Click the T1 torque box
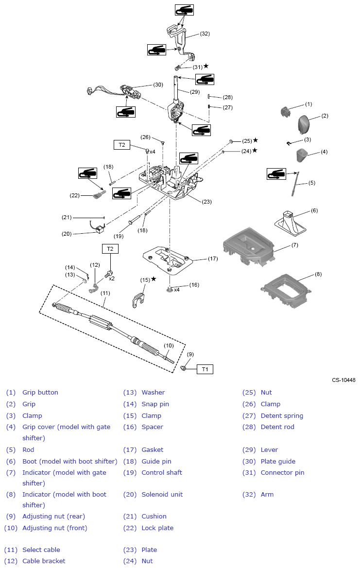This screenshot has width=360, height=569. (x=205, y=369)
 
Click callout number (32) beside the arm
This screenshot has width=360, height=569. (x=205, y=34)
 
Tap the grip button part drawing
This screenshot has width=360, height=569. (x=285, y=112)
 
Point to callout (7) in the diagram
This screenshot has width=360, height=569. (x=294, y=245)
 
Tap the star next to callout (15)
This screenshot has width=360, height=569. (x=154, y=279)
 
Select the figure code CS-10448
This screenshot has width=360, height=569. (x=343, y=380)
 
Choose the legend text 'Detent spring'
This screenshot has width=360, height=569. (x=282, y=415)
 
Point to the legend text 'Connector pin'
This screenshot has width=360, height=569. (x=282, y=472)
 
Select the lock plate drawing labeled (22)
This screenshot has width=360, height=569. (x=99, y=195)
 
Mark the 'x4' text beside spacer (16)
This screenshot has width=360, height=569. (x=177, y=290)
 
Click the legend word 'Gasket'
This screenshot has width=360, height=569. (x=152, y=449)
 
